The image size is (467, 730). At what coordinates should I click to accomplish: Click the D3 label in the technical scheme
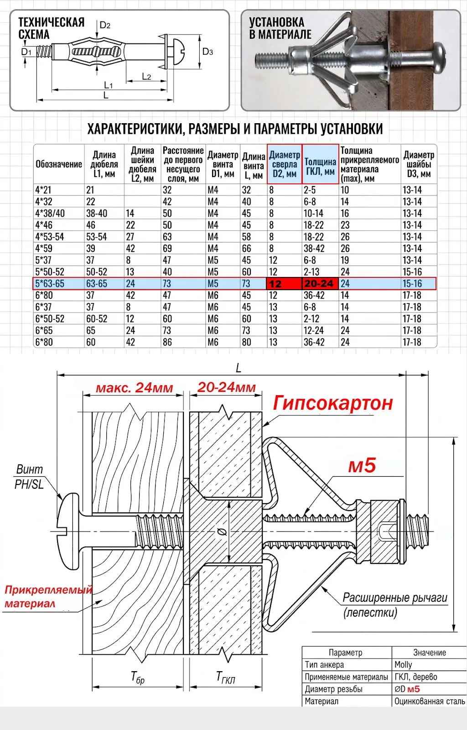click(x=208, y=52)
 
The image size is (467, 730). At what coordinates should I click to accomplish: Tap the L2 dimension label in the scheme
click(x=146, y=77)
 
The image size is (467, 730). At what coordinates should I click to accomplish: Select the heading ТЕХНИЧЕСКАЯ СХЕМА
click(x=51, y=28)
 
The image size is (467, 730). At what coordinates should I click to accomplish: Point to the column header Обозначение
click(x=59, y=164)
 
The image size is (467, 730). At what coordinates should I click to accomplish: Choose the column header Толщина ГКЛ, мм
click(x=320, y=166)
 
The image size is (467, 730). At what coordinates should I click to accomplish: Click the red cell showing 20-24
click(x=319, y=283)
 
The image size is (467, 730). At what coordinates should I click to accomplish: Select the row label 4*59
click(x=44, y=248)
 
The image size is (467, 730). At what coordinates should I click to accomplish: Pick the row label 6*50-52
click(x=50, y=319)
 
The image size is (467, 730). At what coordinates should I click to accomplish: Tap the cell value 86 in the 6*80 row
click(x=167, y=342)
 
